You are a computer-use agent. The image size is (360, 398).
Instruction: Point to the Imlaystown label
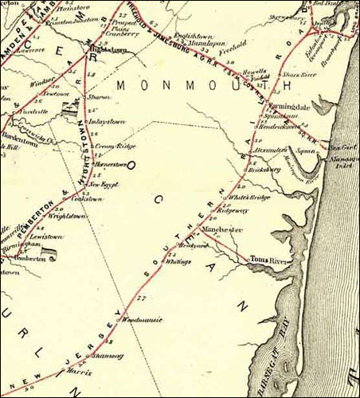[109, 121]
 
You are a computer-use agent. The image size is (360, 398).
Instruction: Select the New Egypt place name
[103, 185]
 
